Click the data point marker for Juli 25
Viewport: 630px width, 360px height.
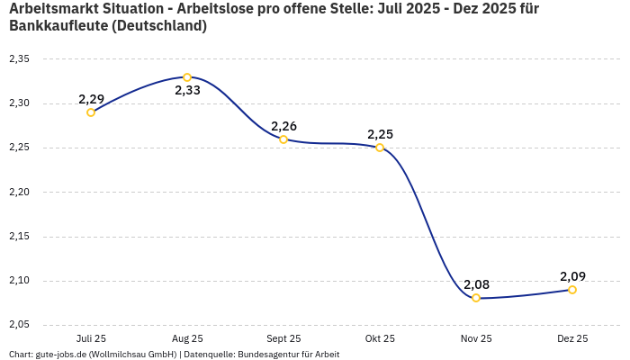91,112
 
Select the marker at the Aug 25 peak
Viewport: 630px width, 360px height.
187,77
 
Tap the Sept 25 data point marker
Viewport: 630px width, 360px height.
283,139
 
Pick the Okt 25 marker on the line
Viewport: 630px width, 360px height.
380,148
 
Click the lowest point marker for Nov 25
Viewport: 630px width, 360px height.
476,298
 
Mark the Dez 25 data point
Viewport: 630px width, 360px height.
572,290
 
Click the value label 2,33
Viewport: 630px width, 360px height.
187,91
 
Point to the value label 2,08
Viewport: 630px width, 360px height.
476,284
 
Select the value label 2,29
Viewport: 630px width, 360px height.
91,99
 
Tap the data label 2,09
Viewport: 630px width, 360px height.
572,276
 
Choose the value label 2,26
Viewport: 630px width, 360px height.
283,126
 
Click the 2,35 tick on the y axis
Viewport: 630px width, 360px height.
19,59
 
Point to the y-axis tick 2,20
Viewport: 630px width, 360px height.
19,193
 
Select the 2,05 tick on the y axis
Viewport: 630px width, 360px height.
19,325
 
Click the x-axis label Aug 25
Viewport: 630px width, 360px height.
187,339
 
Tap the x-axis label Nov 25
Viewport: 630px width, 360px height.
476,339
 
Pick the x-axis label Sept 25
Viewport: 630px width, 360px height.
283,339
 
